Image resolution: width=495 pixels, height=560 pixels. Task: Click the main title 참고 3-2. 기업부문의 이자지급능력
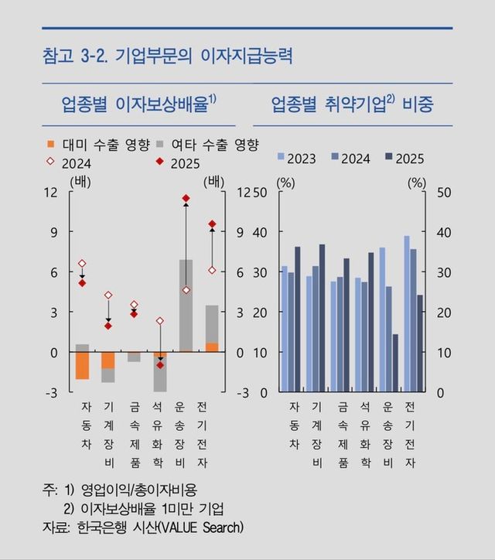point(168,56)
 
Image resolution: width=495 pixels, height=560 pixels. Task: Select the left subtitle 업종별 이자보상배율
point(139,104)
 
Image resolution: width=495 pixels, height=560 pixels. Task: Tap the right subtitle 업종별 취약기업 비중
point(351,104)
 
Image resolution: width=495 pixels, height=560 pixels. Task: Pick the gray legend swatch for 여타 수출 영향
point(159,145)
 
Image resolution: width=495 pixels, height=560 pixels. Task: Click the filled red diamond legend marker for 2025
point(159,162)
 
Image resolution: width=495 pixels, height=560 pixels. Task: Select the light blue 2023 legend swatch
point(282,158)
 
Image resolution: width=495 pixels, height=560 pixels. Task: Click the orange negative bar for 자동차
point(82,366)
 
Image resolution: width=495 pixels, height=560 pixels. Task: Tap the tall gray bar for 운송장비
point(186,305)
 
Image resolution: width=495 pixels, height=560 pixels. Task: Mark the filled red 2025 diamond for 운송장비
point(186,199)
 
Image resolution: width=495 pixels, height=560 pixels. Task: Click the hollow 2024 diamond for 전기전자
point(212,270)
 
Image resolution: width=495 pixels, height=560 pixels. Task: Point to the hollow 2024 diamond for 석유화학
point(160,320)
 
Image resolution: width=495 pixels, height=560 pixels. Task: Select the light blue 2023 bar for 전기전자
point(407,313)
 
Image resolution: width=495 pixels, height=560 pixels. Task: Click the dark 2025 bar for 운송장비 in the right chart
point(395,363)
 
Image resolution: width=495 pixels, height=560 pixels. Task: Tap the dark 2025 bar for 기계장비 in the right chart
point(322,318)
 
